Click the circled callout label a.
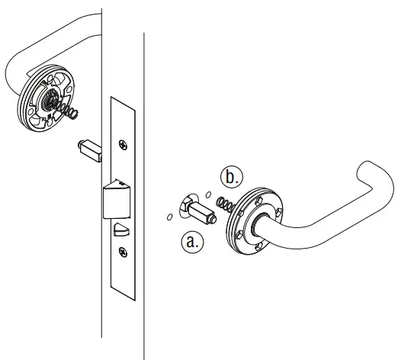[193, 243]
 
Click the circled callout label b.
[231, 177]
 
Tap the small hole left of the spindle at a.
[168, 217]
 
